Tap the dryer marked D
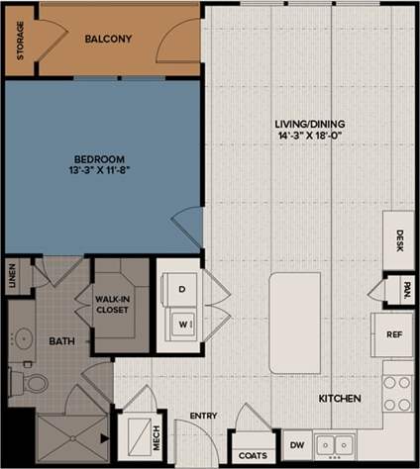click(x=181, y=289)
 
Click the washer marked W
click(x=181, y=323)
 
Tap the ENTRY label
click(x=203, y=415)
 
